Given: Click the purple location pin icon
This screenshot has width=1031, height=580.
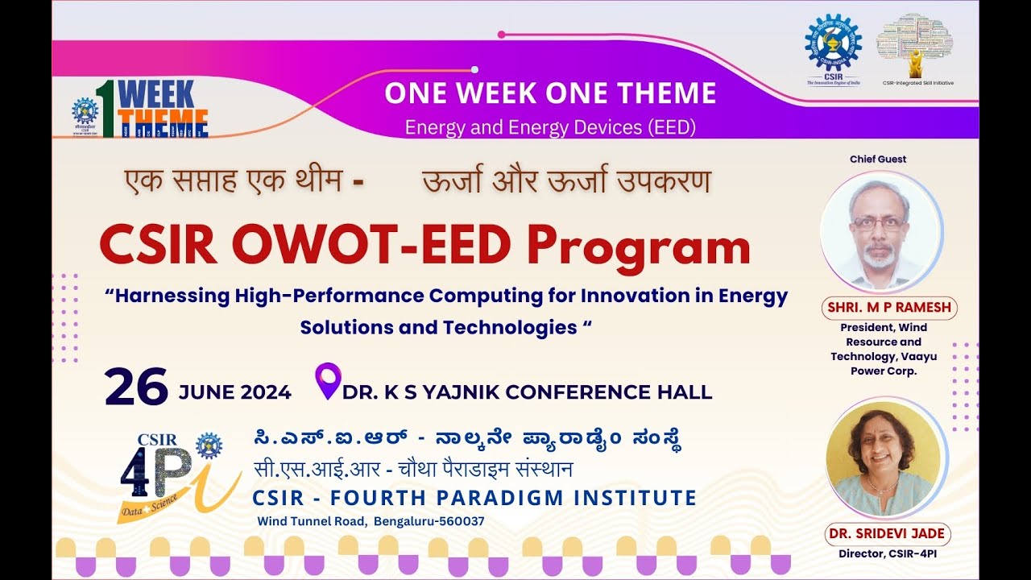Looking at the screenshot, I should point(328,380).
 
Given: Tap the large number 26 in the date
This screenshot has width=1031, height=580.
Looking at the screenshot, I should point(136,387).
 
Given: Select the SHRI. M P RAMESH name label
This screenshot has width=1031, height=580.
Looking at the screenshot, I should point(888,308).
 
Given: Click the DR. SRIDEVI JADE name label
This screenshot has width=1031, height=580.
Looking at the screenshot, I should point(887,534).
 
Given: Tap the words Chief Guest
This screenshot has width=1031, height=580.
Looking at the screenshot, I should point(878,159).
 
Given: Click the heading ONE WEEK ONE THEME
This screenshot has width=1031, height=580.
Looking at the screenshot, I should point(550,93).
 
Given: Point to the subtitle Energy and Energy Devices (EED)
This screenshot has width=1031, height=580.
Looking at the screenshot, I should point(550,127).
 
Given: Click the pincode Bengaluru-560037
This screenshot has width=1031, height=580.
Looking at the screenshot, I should point(429,521).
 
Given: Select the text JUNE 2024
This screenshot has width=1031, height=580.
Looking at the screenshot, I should point(234,392).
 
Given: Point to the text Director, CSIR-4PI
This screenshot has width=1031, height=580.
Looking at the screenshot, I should point(887,554).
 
